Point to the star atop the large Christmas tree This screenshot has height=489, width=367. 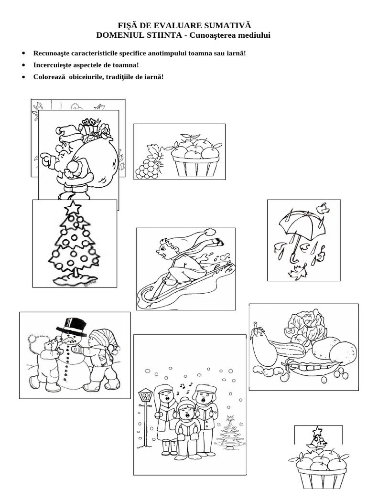(x=73, y=208)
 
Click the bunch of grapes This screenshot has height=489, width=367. (x=148, y=168)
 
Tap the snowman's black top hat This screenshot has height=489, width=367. (x=72, y=326)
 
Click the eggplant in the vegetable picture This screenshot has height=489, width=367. (x=263, y=346)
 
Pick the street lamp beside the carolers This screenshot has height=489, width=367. (x=145, y=396)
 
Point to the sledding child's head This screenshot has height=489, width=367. (x=168, y=249)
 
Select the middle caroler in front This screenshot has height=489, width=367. (x=186, y=420)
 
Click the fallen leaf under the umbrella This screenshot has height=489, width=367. (x=297, y=273)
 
